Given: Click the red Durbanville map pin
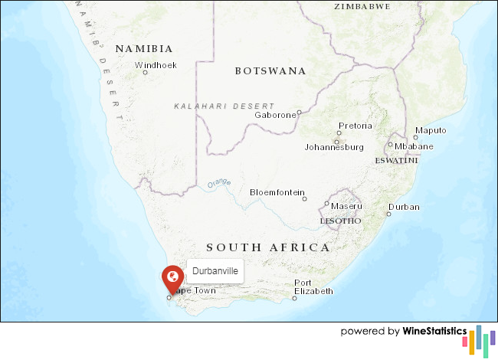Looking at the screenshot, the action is (173, 277).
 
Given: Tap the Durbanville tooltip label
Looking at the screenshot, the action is (215, 271).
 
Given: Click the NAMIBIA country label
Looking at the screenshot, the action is (139, 49).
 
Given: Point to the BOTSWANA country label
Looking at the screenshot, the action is (270, 71).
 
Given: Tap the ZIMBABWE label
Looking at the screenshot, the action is (362, 6).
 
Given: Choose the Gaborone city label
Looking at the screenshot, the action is (275, 115).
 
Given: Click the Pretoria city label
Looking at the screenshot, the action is (355, 126).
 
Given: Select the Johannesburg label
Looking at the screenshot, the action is (333, 146).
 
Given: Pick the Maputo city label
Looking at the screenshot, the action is (430, 130).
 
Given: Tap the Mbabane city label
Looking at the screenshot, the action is (414, 146).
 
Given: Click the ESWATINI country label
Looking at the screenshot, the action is (396, 161).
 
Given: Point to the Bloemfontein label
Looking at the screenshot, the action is (277, 192).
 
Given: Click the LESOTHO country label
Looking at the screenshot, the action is (340, 221).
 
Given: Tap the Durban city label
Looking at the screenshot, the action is (404, 208).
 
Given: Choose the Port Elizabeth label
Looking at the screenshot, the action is (313, 287).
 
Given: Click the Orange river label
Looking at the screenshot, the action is (219, 183).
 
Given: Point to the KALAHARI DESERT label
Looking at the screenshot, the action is (224, 106).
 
